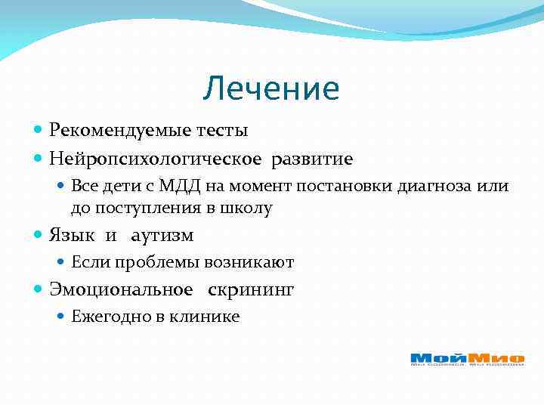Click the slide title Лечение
click(x=271, y=89)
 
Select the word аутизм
click(x=162, y=236)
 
